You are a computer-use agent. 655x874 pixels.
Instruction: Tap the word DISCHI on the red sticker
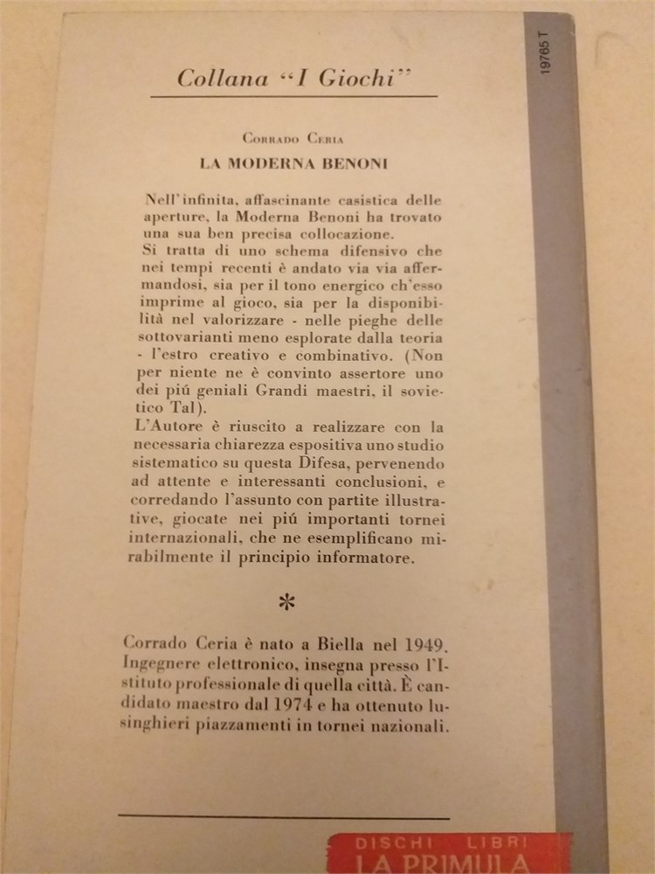coord(383,843)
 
